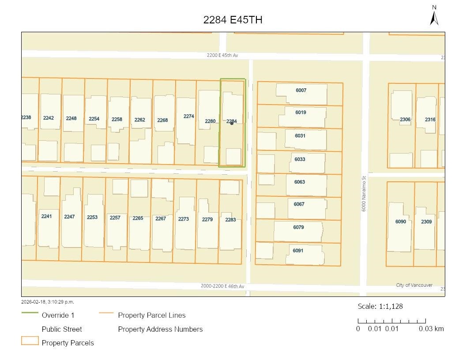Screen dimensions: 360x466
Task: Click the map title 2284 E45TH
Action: pos(233,20)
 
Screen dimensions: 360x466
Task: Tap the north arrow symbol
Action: pos(434,16)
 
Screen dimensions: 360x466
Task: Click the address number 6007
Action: pos(301,90)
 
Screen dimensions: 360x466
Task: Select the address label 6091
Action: pos(298,251)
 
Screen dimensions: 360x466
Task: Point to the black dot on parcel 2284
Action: pos(232,123)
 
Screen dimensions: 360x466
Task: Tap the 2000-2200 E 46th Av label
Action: pos(222,286)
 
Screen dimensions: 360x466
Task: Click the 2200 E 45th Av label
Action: pos(222,55)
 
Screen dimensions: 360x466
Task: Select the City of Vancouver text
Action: pos(414,285)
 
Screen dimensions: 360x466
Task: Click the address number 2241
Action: pos(46,216)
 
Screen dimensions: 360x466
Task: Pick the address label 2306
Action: pos(405,120)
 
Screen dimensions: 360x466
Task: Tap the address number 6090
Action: pos(401,221)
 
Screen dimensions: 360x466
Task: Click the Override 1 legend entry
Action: pos(58,315)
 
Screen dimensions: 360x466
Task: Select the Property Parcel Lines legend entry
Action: pos(151,315)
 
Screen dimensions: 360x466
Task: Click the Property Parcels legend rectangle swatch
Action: pos(30,341)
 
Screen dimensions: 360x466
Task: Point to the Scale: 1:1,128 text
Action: pos(380,306)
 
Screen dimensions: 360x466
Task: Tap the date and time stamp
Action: pos(48,302)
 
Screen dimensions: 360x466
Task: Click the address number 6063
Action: pos(300,182)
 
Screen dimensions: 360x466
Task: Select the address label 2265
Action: pos(138,218)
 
